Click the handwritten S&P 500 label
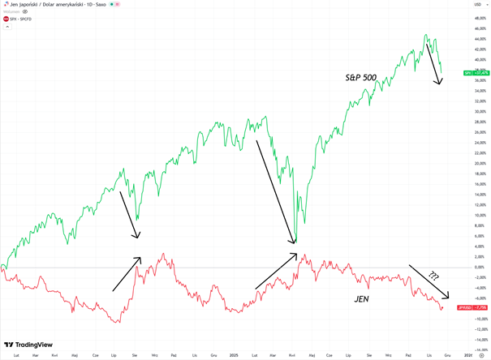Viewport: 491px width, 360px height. pyautogui.click(x=359, y=78)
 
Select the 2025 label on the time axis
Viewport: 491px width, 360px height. pyautogui.click(x=233, y=355)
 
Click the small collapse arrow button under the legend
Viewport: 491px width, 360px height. pyautogui.click(x=7, y=26)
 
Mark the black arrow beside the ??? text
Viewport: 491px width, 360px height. pyautogui.click(x=429, y=281)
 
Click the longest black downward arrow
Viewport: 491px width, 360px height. pyautogui.click(x=276, y=191)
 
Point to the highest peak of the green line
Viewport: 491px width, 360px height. pyautogui.click(x=426, y=36)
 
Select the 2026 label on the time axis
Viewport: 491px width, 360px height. pyautogui.click(x=468, y=355)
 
